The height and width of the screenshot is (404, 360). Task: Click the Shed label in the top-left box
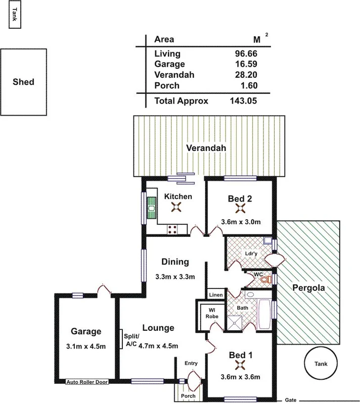click(23, 81)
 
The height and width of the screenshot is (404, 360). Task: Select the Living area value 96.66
click(246, 53)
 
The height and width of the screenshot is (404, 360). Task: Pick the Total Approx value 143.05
click(243, 100)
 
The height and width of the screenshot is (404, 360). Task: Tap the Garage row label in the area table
click(169, 64)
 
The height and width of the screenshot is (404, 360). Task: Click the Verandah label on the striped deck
click(205, 148)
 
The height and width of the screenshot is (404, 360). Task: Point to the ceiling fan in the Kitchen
click(177, 206)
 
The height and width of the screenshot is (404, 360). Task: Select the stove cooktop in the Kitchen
click(172, 229)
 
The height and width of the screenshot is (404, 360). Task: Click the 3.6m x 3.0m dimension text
click(241, 221)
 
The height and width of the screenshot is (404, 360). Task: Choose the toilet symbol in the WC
click(268, 279)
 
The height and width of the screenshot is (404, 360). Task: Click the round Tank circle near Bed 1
click(321, 364)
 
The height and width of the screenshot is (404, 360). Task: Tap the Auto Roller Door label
click(87, 382)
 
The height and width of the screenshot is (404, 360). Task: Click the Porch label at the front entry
click(188, 396)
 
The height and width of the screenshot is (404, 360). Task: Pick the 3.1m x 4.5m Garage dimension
click(85, 346)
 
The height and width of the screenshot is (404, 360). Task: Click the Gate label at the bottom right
click(290, 399)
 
